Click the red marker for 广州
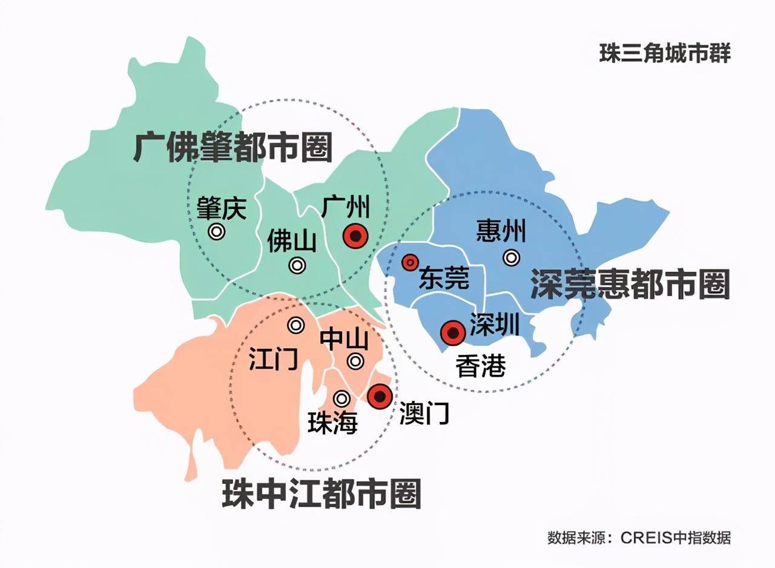click(x=355, y=236)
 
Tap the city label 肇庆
click(x=222, y=209)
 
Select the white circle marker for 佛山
click(x=297, y=265)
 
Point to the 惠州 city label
click(x=501, y=231)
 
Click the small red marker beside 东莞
click(x=410, y=262)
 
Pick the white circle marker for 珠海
click(x=342, y=398)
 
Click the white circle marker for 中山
click(x=355, y=362)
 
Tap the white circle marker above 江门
click(x=295, y=325)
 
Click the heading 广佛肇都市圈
click(x=233, y=147)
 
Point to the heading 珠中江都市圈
click(x=321, y=494)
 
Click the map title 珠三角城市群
click(x=665, y=53)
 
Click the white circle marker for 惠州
click(x=512, y=258)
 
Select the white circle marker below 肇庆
click(x=216, y=231)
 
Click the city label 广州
click(x=345, y=207)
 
